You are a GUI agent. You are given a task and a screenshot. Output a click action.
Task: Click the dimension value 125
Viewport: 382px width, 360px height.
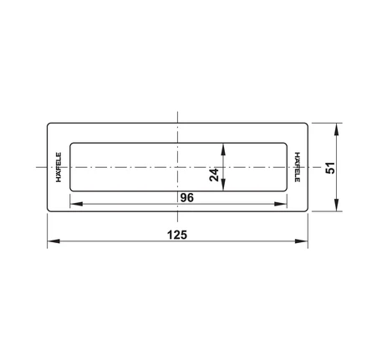pos(177,235)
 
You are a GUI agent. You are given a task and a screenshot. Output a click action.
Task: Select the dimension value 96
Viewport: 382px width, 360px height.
pos(186,198)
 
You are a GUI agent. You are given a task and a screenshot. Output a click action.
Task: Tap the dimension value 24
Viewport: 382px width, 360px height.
pos(214,175)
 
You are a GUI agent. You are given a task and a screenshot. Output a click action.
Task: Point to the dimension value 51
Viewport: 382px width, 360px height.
pos(330,168)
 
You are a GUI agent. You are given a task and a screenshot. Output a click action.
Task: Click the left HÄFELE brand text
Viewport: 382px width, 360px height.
pos(59,167)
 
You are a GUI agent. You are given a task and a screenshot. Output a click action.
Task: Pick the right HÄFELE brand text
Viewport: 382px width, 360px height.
pos(298,167)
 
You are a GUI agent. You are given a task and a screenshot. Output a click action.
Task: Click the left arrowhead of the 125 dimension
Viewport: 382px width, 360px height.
pos(53,241)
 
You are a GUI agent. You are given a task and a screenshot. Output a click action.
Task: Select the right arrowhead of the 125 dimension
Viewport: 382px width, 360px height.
pos(302,241)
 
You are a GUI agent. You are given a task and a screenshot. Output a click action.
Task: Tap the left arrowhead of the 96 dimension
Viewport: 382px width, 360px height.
pos(76,204)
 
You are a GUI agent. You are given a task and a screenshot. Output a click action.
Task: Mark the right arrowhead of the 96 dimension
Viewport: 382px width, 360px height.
pos(280,204)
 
